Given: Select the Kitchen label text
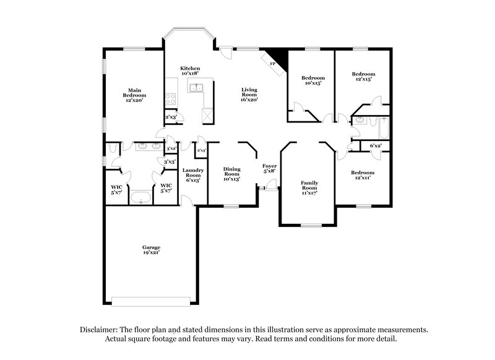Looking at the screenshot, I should pos(189,68).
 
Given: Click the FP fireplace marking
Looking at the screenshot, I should pos(272,62).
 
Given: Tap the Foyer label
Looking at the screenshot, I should pos(269,166).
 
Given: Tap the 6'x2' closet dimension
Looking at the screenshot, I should pos(376,146).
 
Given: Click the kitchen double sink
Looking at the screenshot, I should pos(197,88).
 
